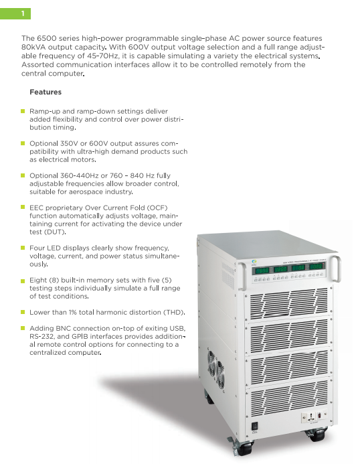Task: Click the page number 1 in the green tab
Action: click(23, 13)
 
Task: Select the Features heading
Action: click(46, 92)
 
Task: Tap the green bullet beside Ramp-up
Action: click(23, 111)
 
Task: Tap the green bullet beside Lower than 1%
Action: click(23, 312)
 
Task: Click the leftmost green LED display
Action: click(262, 270)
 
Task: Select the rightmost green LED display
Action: click(316, 266)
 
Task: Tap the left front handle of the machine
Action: click(242, 276)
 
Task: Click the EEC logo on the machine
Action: click(254, 262)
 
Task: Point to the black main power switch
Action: click(255, 426)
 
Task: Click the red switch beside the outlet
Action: click(319, 416)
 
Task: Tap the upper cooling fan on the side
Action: click(211, 363)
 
